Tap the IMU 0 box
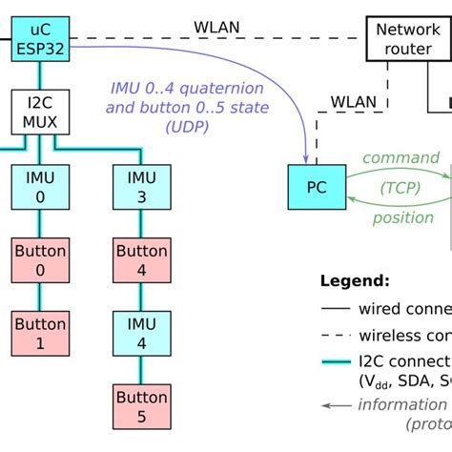point(39,187)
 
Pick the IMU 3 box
point(140,187)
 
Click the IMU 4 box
point(140,333)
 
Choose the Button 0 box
point(39,260)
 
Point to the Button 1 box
point(39,333)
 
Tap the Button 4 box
point(140,260)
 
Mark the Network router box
point(407,38)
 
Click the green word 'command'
point(401,158)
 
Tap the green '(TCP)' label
point(401,188)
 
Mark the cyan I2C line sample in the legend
point(334,362)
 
